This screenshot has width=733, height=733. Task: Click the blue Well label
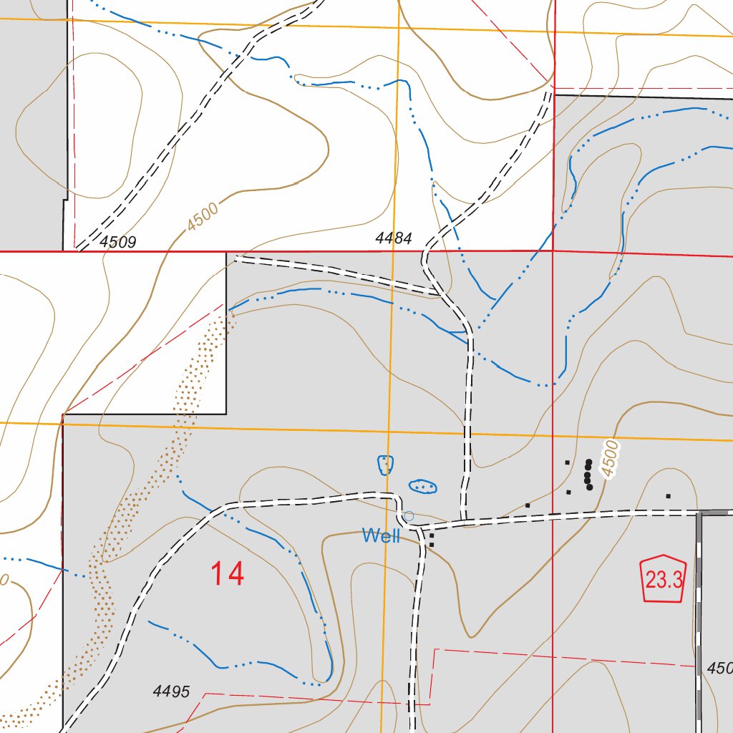(381, 535)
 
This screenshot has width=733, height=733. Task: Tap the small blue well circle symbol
(409, 516)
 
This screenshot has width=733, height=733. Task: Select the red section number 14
(227, 574)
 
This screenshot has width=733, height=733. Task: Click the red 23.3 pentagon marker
(664, 579)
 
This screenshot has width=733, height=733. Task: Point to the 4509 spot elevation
(118, 242)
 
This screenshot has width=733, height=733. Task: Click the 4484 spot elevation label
(394, 238)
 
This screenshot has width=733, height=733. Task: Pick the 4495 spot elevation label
(171, 691)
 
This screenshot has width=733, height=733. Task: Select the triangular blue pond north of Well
(386, 465)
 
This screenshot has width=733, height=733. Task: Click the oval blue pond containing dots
(423, 487)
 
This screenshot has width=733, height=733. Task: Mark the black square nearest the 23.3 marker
(668, 495)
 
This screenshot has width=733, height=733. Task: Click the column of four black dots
(588, 475)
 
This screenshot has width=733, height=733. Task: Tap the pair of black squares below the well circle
(431, 540)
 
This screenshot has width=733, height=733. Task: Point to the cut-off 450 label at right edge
(719, 669)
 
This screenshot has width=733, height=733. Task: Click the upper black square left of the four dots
(567, 462)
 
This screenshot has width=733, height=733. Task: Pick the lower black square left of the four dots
(568, 492)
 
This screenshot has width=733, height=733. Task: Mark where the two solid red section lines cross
(553, 251)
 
